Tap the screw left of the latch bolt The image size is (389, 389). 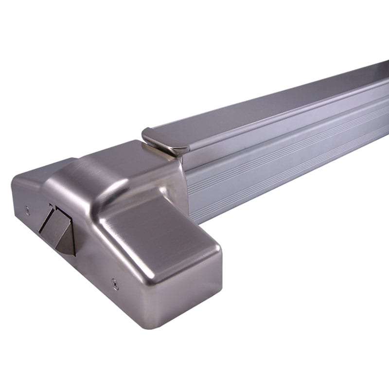(x=27, y=210)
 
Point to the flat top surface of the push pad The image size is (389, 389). (x=272, y=105)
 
